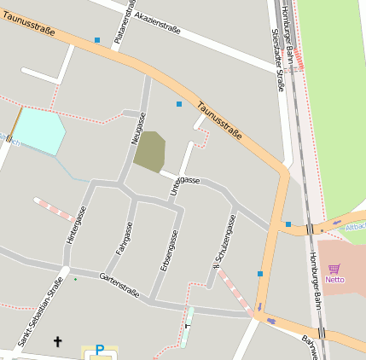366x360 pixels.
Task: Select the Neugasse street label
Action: click(x=139, y=128)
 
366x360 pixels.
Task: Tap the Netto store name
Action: click(x=334, y=279)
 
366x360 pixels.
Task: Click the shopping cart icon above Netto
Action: click(x=334, y=268)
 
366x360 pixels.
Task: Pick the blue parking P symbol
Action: click(x=99, y=350)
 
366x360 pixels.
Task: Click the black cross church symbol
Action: click(x=58, y=342)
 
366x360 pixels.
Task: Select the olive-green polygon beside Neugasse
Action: click(x=149, y=151)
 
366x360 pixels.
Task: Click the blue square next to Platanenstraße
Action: click(x=97, y=40)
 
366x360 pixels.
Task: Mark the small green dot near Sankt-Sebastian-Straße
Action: click(x=75, y=279)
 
